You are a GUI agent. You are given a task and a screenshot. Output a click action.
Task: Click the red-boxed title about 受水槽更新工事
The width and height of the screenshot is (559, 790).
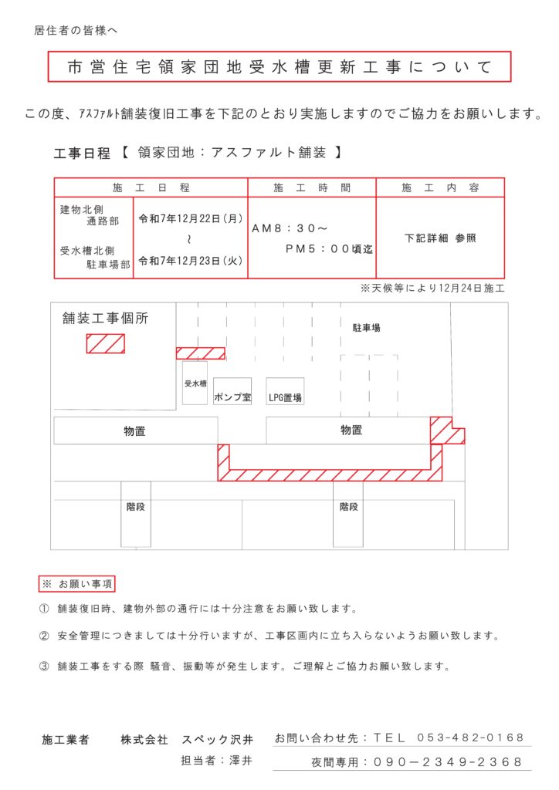(x=279, y=67)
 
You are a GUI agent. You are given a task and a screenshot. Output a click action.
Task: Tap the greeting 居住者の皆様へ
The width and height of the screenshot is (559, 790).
(x=75, y=31)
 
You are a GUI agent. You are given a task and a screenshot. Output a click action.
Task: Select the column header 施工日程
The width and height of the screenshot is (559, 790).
(x=151, y=187)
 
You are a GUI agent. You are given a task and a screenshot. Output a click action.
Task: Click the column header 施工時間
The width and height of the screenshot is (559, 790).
(x=312, y=187)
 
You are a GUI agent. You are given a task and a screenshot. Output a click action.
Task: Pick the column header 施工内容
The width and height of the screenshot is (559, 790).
(x=440, y=187)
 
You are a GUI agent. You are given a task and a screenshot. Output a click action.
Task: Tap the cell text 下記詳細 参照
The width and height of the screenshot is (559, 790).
(x=440, y=238)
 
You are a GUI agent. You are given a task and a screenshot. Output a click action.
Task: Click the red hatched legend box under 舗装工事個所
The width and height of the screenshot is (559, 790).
(x=105, y=343)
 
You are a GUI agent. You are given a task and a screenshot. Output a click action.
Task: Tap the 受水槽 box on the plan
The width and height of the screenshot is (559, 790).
(x=195, y=383)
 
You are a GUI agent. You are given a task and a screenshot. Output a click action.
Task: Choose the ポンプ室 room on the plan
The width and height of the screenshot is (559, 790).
(x=232, y=397)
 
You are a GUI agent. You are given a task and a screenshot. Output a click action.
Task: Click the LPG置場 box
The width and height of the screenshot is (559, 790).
(x=285, y=397)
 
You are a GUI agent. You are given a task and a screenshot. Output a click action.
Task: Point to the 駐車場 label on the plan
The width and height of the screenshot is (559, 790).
(x=366, y=328)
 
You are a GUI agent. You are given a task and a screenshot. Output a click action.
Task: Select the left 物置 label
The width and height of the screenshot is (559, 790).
(x=134, y=430)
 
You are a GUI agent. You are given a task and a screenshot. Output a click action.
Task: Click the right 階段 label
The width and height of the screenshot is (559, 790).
(x=348, y=507)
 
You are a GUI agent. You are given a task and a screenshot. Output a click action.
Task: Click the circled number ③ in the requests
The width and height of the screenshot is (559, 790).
(x=44, y=665)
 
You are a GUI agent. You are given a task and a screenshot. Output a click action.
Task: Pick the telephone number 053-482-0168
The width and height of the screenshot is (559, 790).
(x=470, y=738)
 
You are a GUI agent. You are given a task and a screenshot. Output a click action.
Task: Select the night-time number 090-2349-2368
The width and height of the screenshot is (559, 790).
(x=448, y=761)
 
